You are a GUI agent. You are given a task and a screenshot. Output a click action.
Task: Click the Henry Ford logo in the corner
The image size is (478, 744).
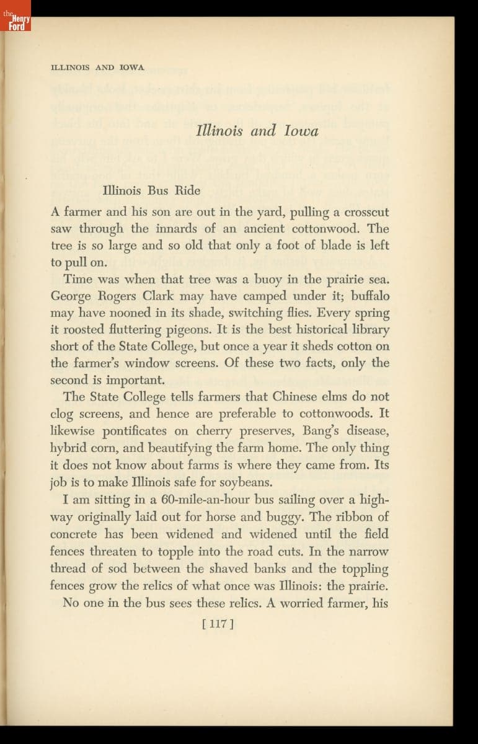[15, 24]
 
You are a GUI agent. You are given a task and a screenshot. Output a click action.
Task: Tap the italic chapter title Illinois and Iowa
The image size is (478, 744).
[257, 131]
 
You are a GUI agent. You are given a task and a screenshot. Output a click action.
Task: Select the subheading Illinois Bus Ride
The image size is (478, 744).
[151, 190]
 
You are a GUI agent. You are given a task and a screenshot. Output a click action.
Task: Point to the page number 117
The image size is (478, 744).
[217, 624]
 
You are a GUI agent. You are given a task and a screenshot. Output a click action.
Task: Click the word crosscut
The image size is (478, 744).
[366, 211]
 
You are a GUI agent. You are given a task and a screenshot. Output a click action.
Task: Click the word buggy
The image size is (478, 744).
[320, 516]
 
